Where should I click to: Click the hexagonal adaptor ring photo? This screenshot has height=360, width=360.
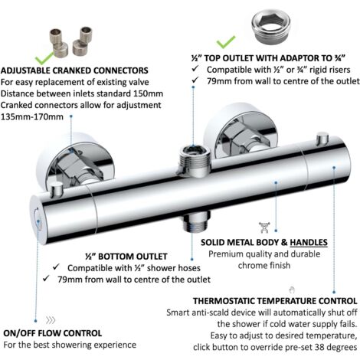[x=270, y=26]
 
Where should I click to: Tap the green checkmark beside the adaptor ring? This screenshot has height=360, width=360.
[x=226, y=42]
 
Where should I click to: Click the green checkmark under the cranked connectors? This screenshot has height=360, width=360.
[x=44, y=59]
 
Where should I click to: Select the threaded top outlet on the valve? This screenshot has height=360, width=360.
[x=195, y=161]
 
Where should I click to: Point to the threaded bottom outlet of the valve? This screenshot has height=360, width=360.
[x=197, y=221]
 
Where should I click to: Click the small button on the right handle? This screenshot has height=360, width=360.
[x=322, y=139]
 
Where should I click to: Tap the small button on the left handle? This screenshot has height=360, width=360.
[x=57, y=189]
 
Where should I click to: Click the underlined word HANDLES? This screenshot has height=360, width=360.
[x=309, y=242]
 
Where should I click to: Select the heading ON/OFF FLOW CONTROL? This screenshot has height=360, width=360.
[x=53, y=333]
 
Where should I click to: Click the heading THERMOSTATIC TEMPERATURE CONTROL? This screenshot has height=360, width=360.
[x=275, y=301]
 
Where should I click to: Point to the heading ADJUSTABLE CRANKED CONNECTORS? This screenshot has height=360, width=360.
[x=74, y=70]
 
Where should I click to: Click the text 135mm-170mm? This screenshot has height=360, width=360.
[x=32, y=117]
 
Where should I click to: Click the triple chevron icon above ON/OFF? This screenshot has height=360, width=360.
[x=51, y=320]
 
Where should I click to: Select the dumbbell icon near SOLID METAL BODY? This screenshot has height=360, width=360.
[x=264, y=227]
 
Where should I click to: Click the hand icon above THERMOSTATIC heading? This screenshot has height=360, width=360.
[x=292, y=290]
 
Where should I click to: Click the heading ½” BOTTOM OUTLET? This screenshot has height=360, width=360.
[x=126, y=257]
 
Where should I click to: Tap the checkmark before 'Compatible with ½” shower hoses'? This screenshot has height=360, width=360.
[x=56, y=267]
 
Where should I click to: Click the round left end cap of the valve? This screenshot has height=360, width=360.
[x=36, y=221]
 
